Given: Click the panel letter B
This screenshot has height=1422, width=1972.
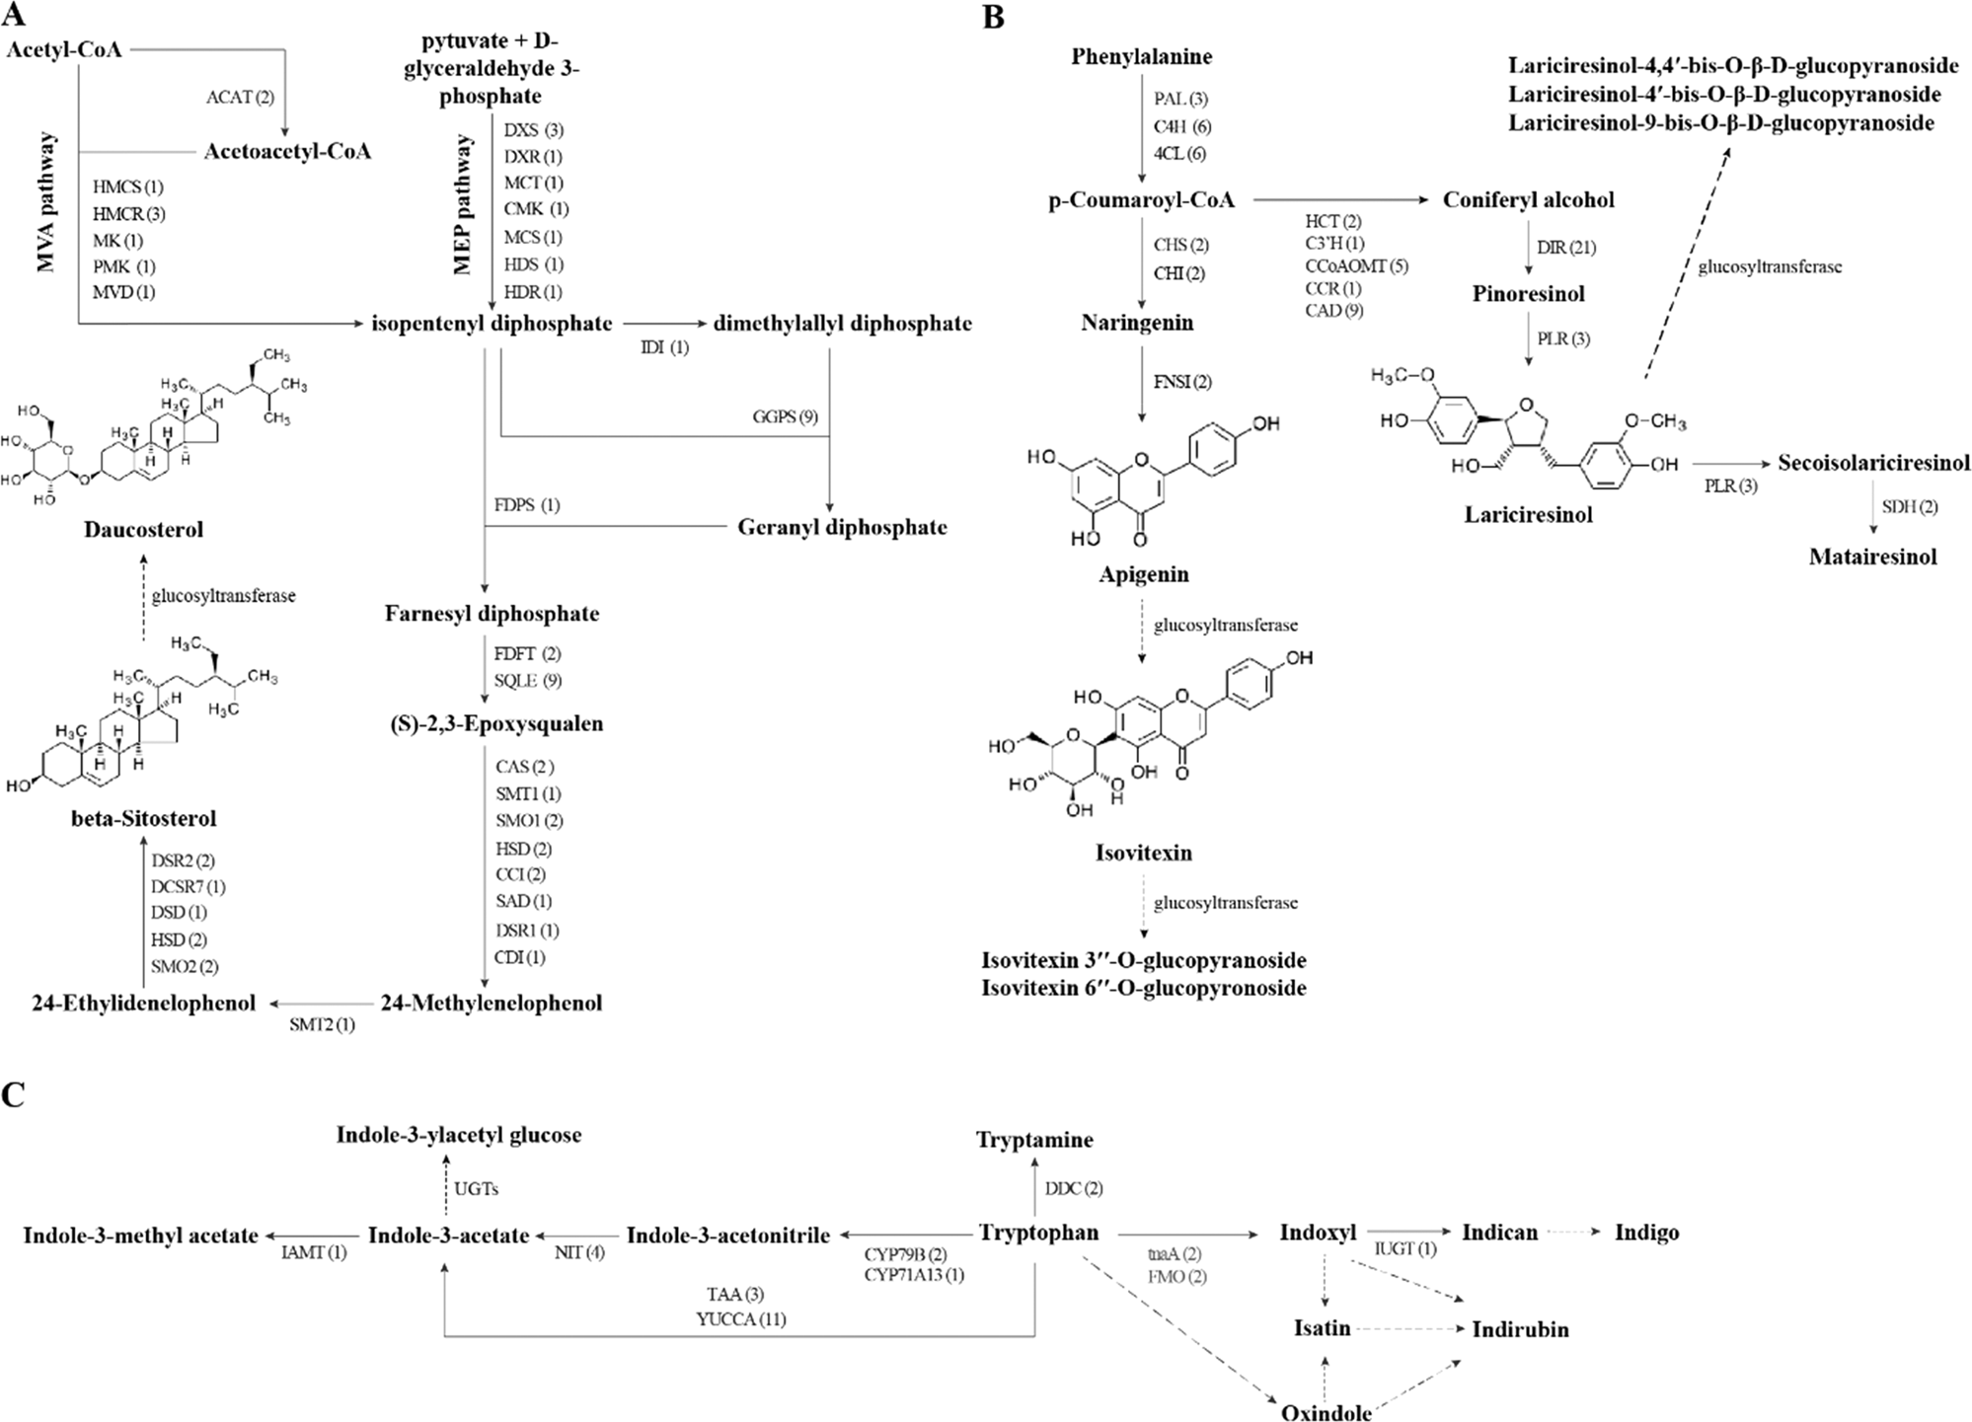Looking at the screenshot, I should click(x=994, y=17).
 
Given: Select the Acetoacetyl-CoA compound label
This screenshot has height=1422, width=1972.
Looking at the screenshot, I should click(x=287, y=152).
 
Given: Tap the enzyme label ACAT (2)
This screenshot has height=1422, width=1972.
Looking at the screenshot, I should click(x=240, y=98).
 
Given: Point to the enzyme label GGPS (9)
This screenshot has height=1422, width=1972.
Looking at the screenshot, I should click(x=785, y=416).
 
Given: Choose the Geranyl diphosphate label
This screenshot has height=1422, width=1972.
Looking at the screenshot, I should click(x=842, y=527).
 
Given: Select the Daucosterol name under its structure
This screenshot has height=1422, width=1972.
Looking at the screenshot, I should click(x=143, y=530).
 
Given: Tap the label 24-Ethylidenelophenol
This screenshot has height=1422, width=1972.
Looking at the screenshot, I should click(x=143, y=1004).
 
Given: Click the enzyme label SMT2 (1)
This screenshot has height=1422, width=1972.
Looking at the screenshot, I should click(x=322, y=1025).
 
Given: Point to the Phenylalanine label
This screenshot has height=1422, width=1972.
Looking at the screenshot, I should click(x=1141, y=57).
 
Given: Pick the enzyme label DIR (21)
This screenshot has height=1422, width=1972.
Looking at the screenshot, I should click(x=1565, y=248).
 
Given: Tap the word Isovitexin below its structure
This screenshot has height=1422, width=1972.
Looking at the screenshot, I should click(x=1143, y=853).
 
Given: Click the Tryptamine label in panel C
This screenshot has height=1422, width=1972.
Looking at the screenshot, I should click(x=1034, y=1141).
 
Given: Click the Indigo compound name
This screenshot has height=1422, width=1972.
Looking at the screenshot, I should click(x=1646, y=1233).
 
